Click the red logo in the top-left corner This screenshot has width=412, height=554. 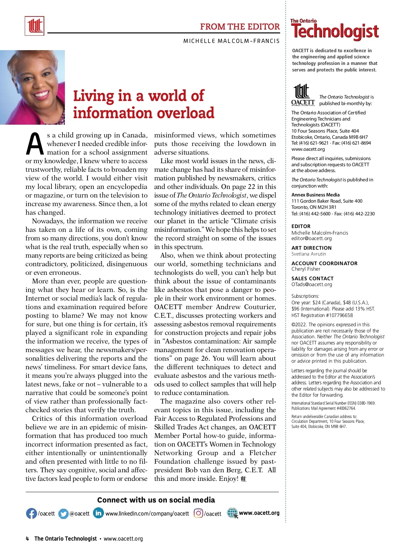click(x=34, y=26)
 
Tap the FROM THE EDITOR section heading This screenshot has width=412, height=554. click(x=240, y=26)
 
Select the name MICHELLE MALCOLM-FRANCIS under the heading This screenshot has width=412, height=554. click(x=231, y=41)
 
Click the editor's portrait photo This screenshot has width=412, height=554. click(x=32, y=87)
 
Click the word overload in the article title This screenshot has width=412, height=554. click(x=186, y=113)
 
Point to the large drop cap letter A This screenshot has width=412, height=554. click(x=35, y=144)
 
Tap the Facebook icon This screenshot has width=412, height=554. click(x=31, y=513)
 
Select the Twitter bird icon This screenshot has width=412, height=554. click(x=63, y=513)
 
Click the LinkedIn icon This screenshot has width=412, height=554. click(x=99, y=513)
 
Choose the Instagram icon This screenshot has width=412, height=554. click(x=198, y=513)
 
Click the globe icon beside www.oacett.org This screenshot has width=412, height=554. click(x=232, y=513)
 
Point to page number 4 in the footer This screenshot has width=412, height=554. click(x=27, y=539)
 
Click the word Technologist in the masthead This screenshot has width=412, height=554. click(x=335, y=32)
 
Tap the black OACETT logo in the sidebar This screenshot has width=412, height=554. click(x=303, y=95)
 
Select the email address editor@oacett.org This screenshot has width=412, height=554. click(x=311, y=238)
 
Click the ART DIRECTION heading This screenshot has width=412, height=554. click(x=311, y=248)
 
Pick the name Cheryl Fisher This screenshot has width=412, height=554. click(x=306, y=269)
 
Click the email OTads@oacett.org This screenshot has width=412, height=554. click(x=311, y=284)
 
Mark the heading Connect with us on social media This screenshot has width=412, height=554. click(x=156, y=500)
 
